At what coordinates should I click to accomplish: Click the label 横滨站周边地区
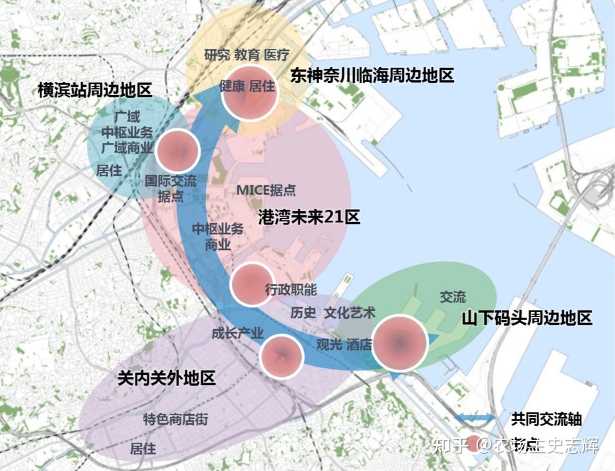(x=95, y=90)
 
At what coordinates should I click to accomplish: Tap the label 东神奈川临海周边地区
(x=372, y=75)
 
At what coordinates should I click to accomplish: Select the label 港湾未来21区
(x=309, y=217)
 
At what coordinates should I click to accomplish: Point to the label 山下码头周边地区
(x=527, y=318)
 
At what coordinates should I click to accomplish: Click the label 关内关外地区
(x=166, y=378)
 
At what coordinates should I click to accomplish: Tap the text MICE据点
(x=266, y=190)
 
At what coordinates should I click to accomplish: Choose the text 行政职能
(x=291, y=289)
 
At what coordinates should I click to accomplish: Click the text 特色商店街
(x=175, y=420)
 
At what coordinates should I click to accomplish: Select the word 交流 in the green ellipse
(x=453, y=297)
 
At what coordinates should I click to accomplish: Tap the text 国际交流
(x=170, y=181)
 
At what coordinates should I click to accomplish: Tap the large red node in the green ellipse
(x=400, y=343)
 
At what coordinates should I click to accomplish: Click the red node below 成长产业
(x=280, y=357)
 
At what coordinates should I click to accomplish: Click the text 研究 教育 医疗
(x=247, y=55)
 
